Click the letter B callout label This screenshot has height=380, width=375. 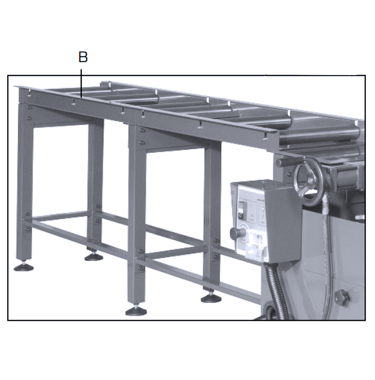pyautogui.click(x=83, y=57)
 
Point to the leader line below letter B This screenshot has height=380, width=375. pyautogui.click(x=81, y=83)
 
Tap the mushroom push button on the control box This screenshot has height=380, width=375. pyautogui.click(x=234, y=233)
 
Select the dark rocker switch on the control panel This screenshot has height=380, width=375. pyautogui.click(x=242, y=210)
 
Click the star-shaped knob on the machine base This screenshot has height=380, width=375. pyautogui.click(x=342, y=297)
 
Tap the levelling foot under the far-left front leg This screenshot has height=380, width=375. pyautogui.click(x=24, y=267)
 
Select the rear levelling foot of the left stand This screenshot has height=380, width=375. pyautogui.click(x=94, y=256)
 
